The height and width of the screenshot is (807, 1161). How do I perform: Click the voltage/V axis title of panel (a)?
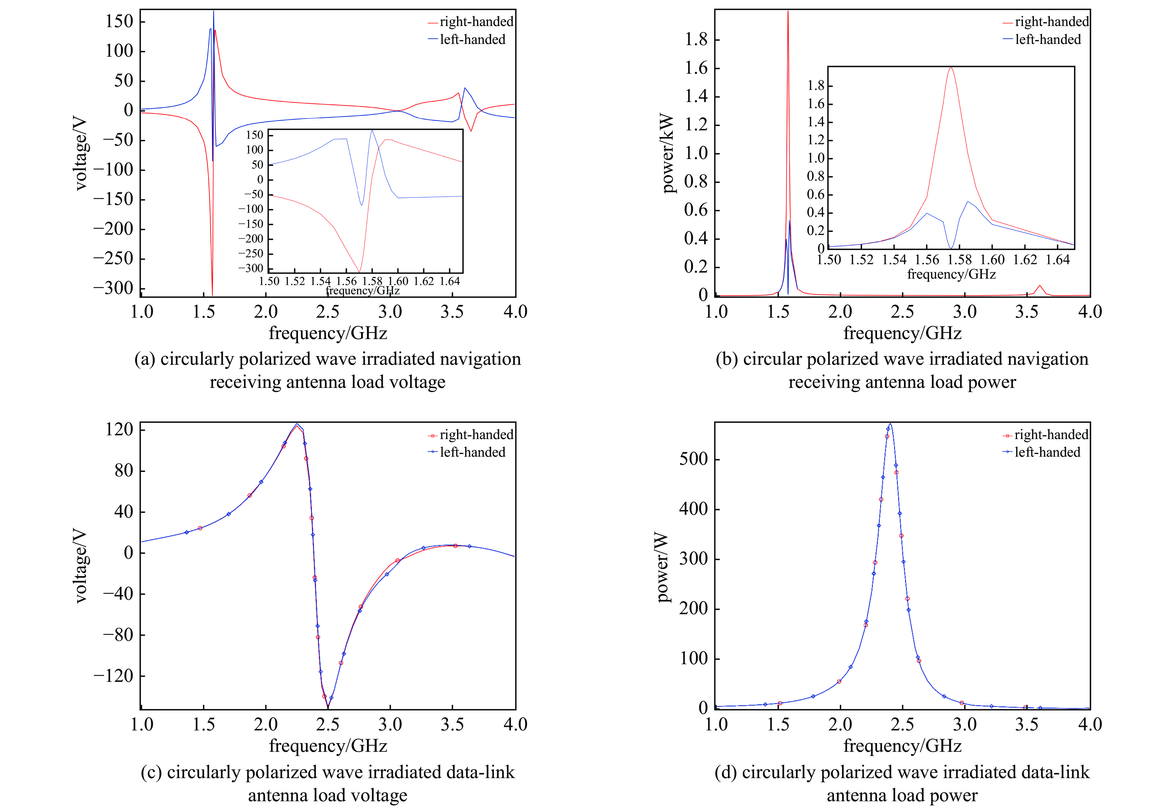click(x=80, y=154)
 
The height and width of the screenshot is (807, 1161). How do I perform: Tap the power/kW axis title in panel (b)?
click(x=668, y=153)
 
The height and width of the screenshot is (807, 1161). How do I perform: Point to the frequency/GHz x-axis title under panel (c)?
click(x=328, y=746)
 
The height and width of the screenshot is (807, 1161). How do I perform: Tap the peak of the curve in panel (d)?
click(x=890, y=424)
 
